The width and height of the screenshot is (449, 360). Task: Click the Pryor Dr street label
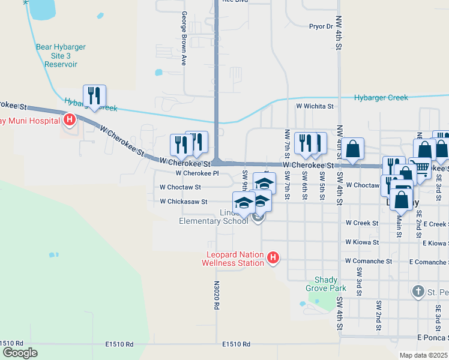click(321, 26)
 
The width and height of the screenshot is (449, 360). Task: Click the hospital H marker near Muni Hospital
click(70, 121)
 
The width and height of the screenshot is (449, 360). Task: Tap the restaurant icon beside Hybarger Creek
click(94, 95)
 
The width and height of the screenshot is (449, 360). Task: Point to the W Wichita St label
click(314, 106)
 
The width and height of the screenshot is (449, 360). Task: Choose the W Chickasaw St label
click(183, 202)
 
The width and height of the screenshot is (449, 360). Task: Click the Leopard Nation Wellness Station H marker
click(273, 258)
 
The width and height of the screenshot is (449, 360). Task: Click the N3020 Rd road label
click(217, 294)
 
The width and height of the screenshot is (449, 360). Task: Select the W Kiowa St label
click(362, 242)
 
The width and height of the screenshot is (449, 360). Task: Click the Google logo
click(19, 353)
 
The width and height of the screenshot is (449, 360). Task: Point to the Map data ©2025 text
click(423, 355)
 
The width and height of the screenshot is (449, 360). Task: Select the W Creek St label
click(362, 223)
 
